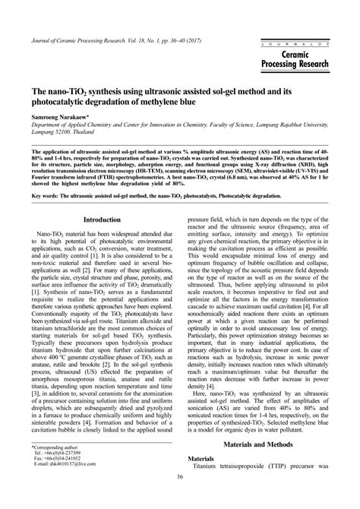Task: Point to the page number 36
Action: pyautogui.click(x=180, y=498)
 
